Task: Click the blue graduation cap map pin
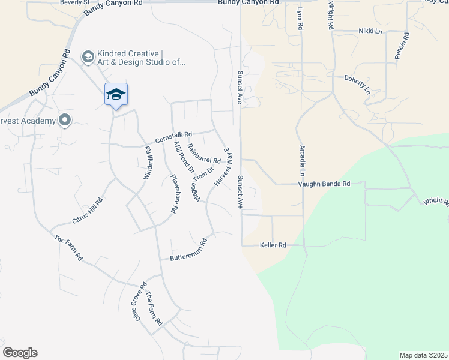coord(116,95)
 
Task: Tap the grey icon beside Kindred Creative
coord(88,56)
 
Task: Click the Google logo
coord(20,353)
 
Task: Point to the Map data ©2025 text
coord(423,355)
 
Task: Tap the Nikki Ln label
coord(370,31)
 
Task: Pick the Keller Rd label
coord(273,245)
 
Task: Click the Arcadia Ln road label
coord(302,160)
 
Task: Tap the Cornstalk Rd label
coord(173,137)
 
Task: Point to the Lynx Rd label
coord(299,20)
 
